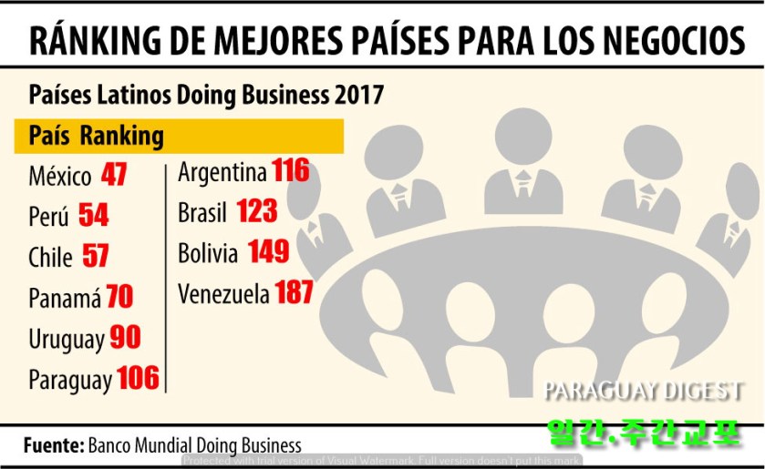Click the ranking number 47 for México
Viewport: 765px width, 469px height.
click(114, 174)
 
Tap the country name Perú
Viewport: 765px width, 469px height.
click(49, 216)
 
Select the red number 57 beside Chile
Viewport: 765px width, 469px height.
click(96, 256)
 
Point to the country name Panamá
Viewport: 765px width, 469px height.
click(64, 298)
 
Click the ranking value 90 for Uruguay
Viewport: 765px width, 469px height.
click(126, 338)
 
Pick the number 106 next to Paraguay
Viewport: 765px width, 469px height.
click(138, 378)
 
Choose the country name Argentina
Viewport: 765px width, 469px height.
click(222, 171)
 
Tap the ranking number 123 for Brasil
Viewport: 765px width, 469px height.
click(256, 211)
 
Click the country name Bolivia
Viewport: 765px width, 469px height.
click(209, 252)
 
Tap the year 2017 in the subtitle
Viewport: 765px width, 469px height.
click(357, 94)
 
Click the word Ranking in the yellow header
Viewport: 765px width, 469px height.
click(121, 136)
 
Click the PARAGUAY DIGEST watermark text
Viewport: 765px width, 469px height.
click(644, 392)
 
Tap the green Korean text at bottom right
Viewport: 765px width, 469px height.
click(642, 431)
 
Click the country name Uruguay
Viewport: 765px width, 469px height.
click(66, 339)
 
